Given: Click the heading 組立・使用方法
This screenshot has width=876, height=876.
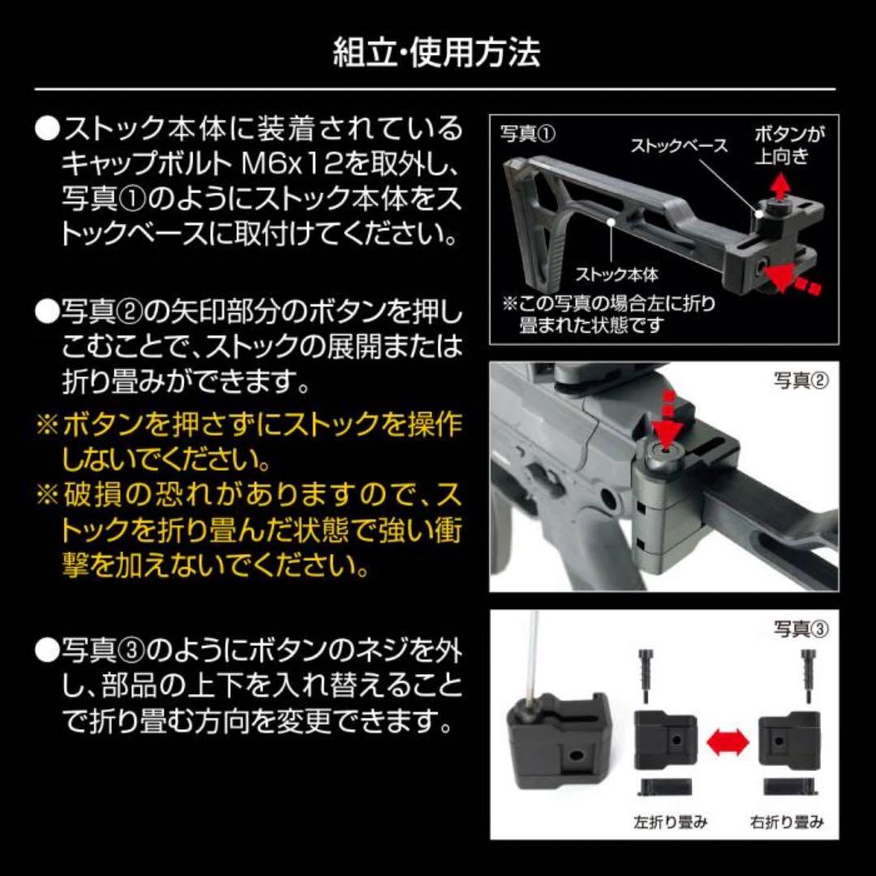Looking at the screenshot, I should point(437,53).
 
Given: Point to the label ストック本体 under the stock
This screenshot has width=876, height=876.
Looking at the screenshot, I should point(617,275).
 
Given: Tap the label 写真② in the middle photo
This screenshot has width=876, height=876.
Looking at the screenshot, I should point(801,380).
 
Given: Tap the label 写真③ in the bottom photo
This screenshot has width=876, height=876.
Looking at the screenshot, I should point(801,628).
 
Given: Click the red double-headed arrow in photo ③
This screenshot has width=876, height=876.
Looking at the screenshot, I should point(727,738).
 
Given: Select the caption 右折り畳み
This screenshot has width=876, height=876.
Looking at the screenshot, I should point(787,822).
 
